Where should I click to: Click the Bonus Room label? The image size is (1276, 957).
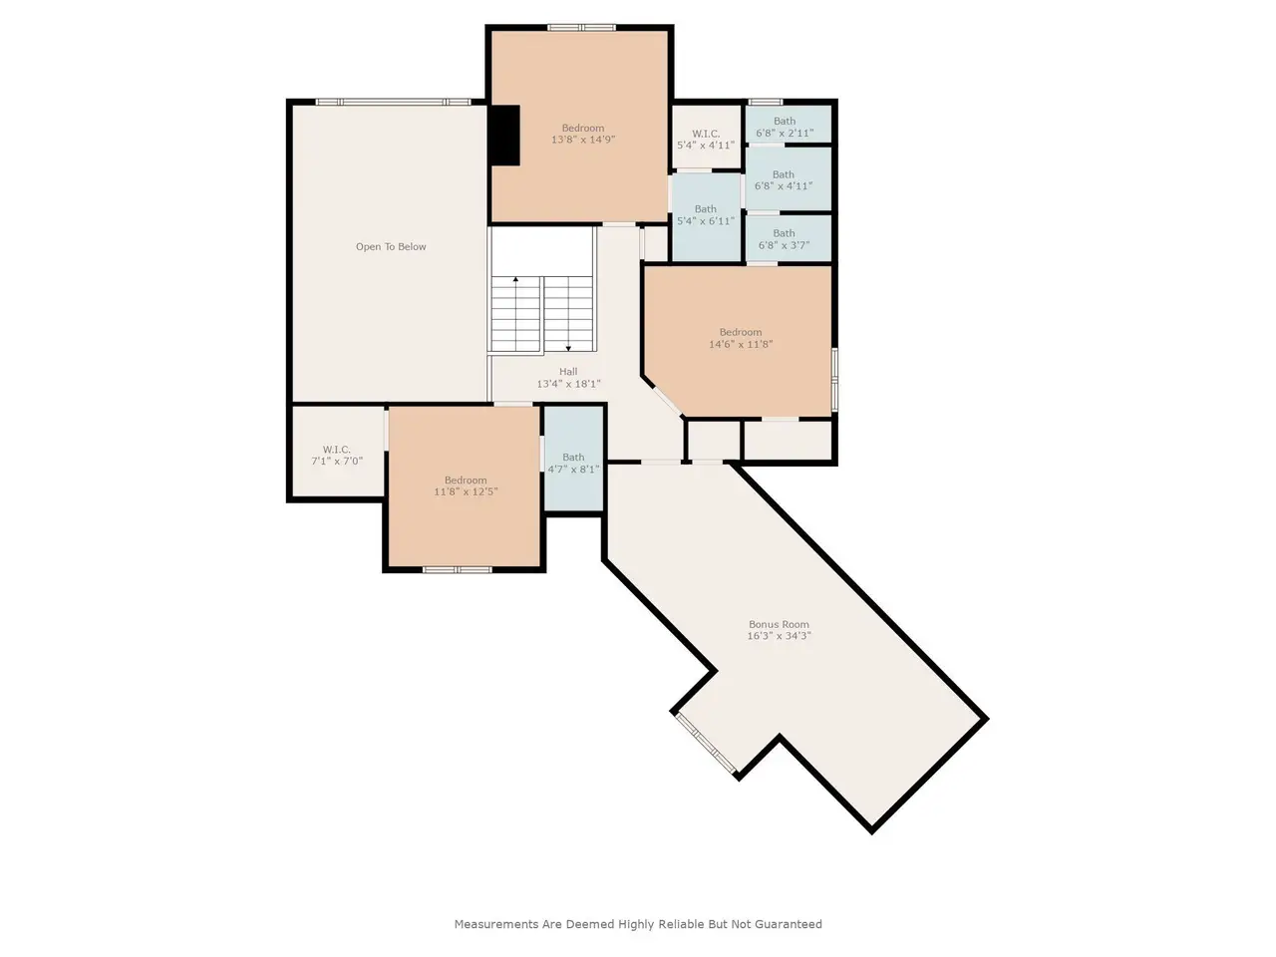[x=779, y=625]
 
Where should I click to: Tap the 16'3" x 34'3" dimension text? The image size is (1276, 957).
[x=779, y=636]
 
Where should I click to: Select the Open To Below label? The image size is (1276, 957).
[x=391, y=247]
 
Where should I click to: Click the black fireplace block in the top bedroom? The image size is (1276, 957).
[x=503, y=136]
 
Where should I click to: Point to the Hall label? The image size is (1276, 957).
[x=568, y=372]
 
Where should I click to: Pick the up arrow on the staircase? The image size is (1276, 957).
[x=515, y=314]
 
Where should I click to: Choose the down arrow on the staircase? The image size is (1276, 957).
[x=568, y=314]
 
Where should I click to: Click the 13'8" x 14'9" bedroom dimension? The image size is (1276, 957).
[x=583, y=140]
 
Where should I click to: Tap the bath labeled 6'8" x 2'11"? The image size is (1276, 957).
[x=789, y=124]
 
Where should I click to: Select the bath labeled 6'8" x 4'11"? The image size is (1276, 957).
[x=789, y=179]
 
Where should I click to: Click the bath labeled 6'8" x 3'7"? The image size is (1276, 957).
[x=789, y=238]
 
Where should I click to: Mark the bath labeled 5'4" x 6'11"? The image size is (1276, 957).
[x=706, y=217]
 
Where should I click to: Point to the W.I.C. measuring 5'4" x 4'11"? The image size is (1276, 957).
[x=706, y=138]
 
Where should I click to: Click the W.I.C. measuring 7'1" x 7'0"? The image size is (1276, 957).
[x=337, y=452]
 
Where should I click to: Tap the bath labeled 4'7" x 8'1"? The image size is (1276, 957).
[x=573, y=459]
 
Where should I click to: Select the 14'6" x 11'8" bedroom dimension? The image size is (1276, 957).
[x=741, y=344]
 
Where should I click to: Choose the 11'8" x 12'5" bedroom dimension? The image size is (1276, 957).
[x=466, y=491]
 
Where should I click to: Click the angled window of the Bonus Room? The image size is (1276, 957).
[x=706, y=744]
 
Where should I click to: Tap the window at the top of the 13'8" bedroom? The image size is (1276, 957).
[x=582, y=27]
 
